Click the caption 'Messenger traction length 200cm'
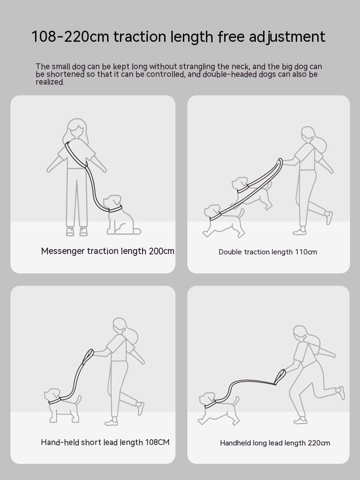coord(108,251)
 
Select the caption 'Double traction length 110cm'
coord(268,252)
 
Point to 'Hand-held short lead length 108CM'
coord(105,442)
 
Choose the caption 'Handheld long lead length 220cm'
coord(275,443)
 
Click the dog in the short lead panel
coord(62,404)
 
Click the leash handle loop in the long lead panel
coord(280,377)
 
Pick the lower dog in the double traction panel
coord(221,220)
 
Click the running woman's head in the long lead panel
coord(300,334)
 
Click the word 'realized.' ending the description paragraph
coord(49,82)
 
